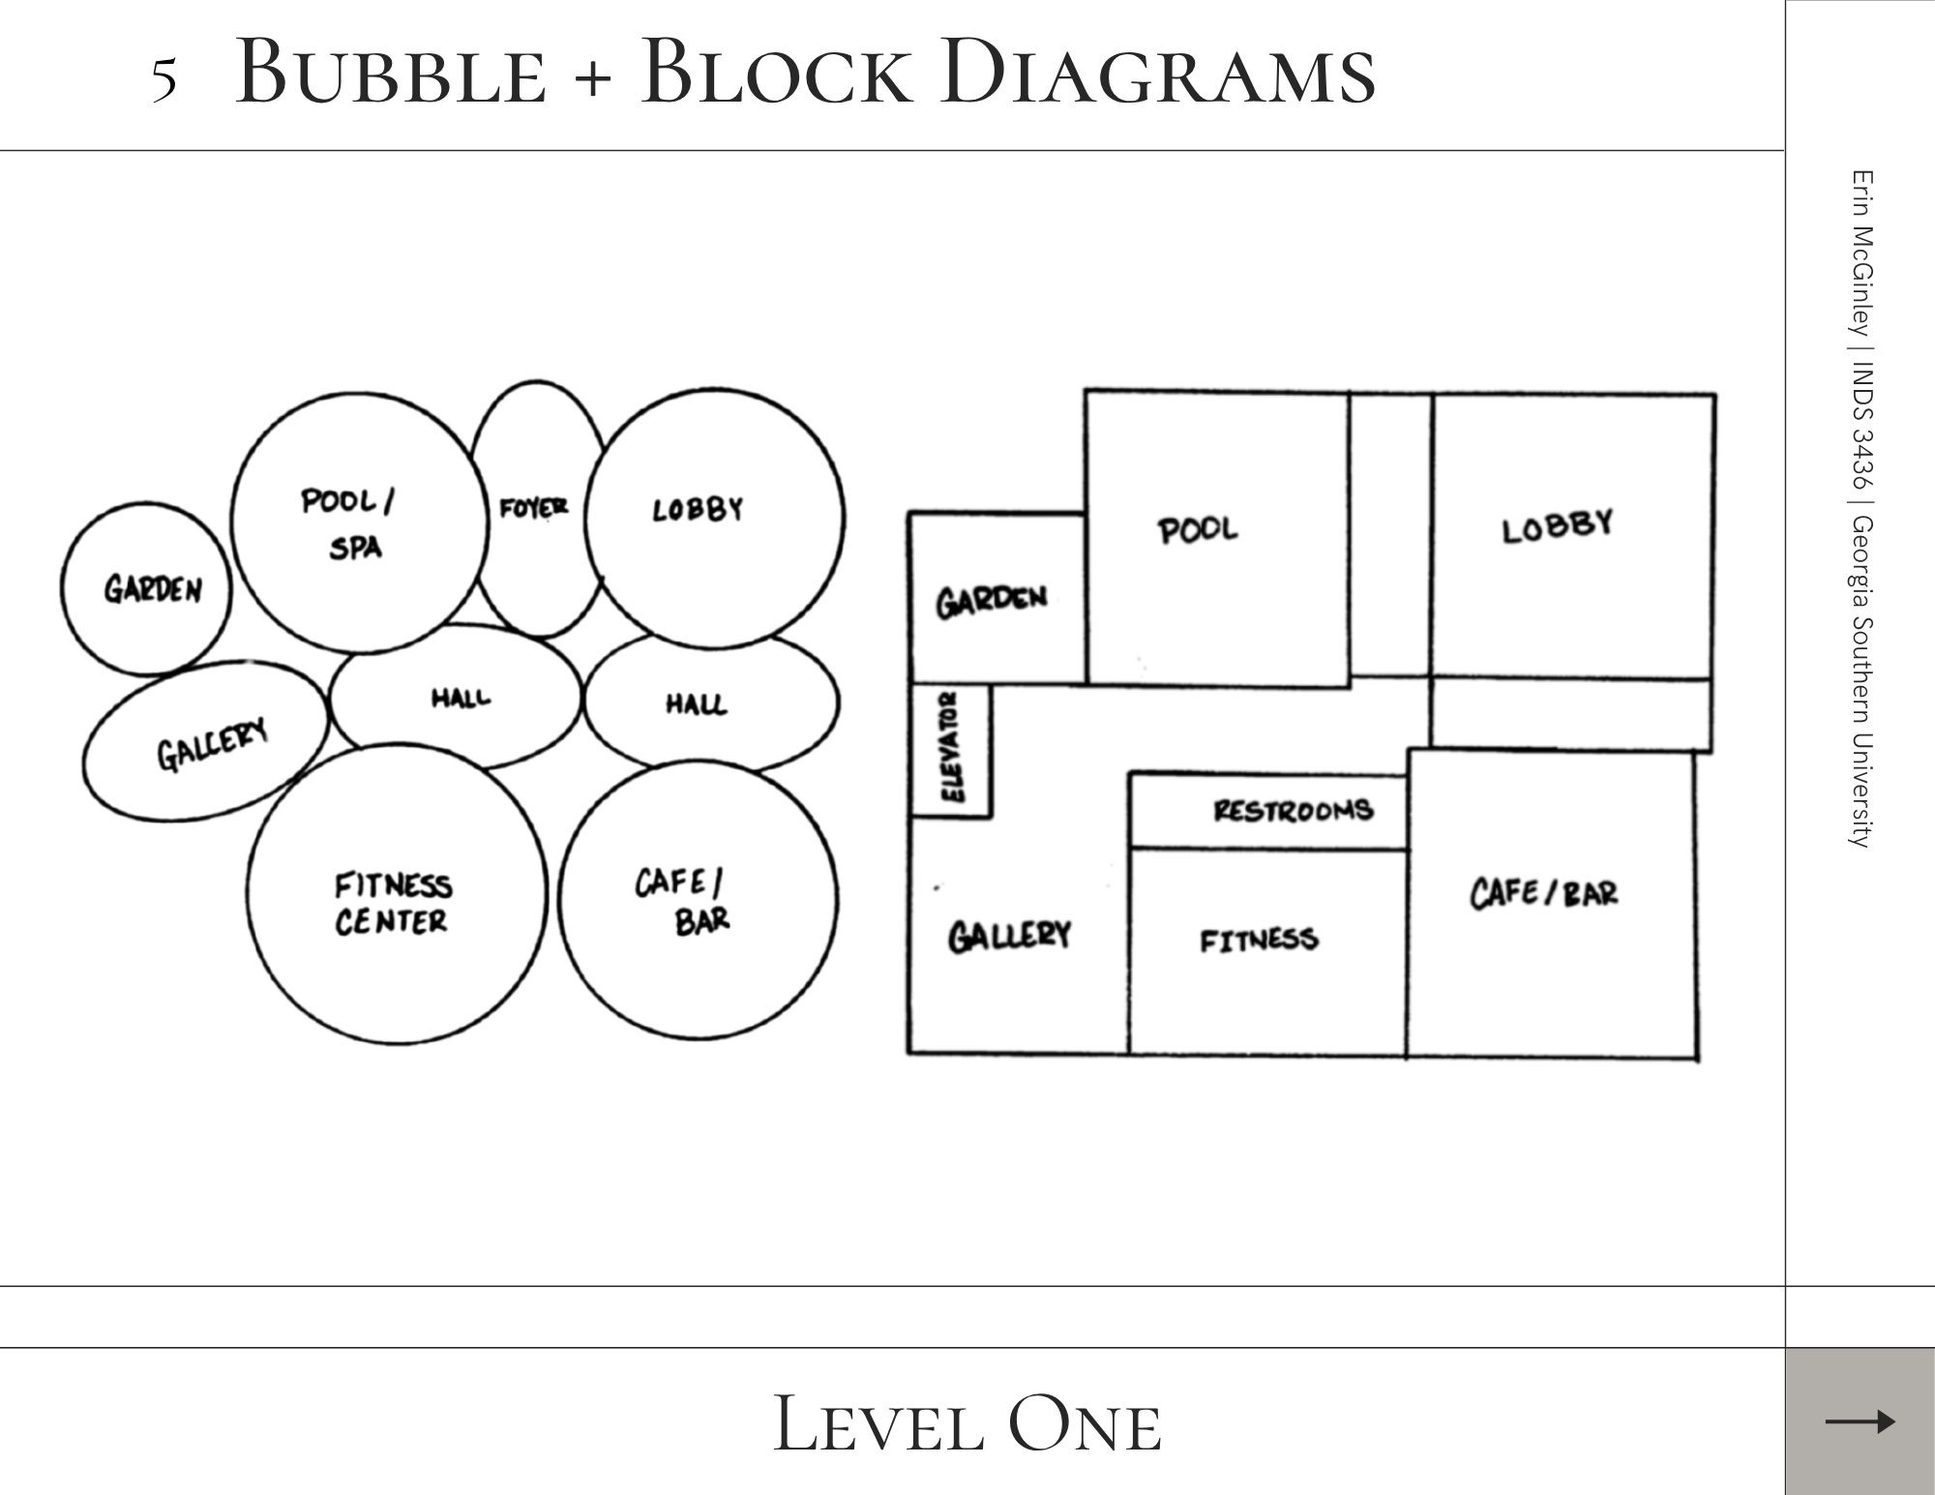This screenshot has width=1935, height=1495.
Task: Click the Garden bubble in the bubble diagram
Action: click(146, 589)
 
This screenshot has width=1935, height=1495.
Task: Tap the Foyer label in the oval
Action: click(533, 507)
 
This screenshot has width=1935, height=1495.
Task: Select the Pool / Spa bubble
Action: click(358, 524)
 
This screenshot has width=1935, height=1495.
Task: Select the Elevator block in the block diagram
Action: click(952, 750)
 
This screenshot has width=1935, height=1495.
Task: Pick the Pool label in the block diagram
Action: click(1198, 529)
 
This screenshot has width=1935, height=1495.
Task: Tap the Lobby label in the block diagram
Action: click(1557, 526)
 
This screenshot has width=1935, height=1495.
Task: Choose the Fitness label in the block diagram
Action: click(1259, 940)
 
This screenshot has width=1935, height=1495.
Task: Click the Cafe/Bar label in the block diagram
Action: click(1543, 892)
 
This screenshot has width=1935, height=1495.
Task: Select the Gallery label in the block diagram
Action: click(1009, 936)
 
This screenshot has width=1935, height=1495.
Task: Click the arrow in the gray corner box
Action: click(1860, 1421)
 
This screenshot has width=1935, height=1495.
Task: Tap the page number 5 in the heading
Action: click(164, 79)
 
